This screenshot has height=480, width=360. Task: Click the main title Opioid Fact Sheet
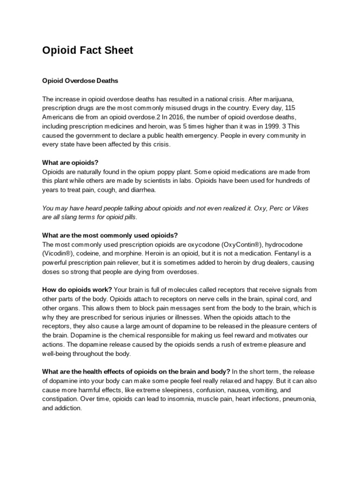[88, 51]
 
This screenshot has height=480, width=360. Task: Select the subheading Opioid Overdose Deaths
[80, 81]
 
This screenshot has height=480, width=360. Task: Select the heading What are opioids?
[70, 163]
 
